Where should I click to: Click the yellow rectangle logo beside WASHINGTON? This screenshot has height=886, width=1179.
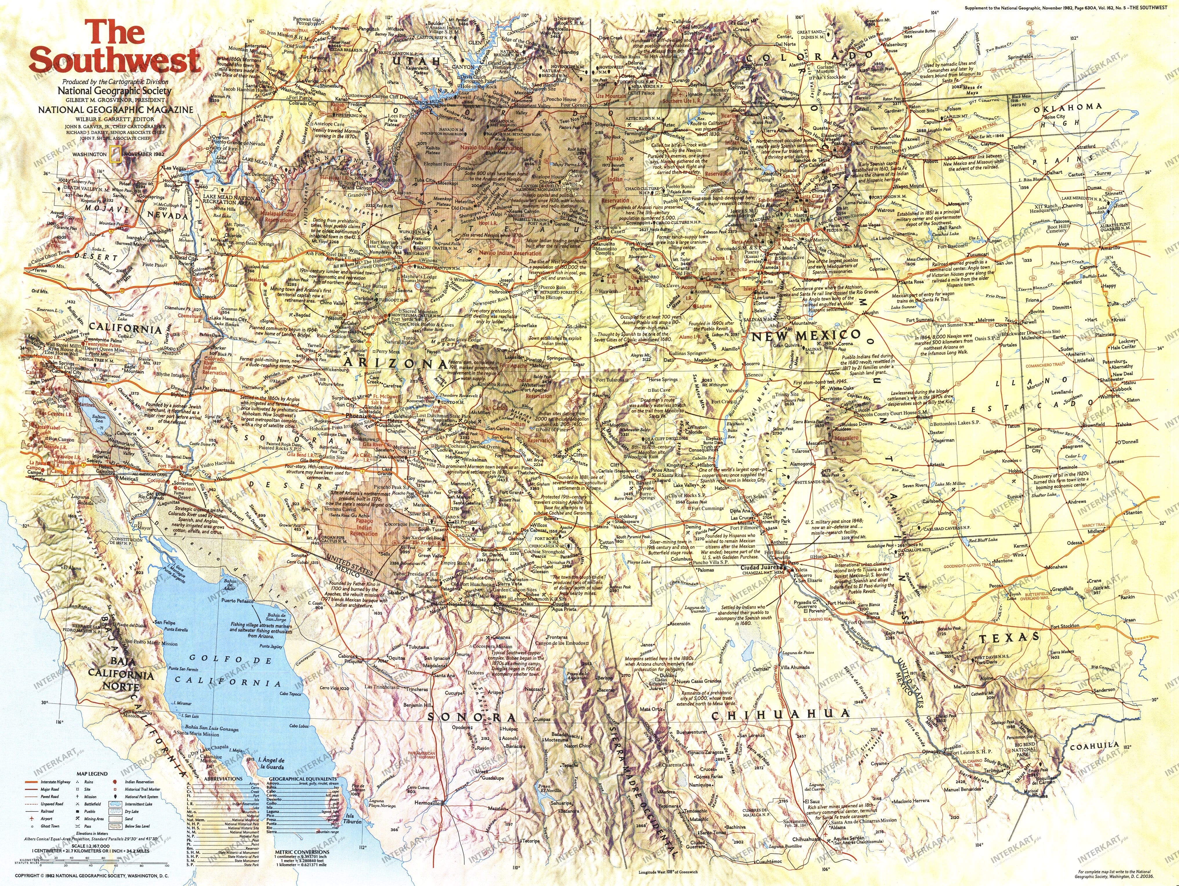pyautogui.click(x=113, y=153)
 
